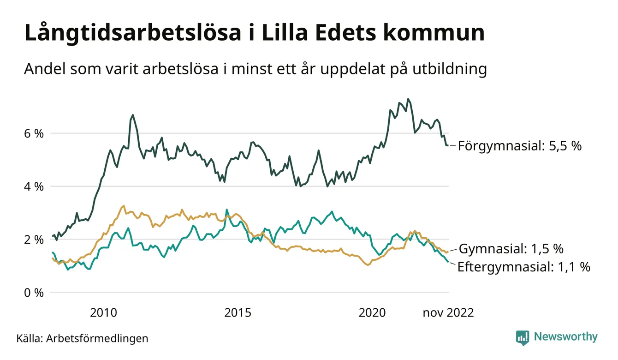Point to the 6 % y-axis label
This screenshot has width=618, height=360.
pos(34,134)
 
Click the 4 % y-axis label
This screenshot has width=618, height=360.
pos(34,187)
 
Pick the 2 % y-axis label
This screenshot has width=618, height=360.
pos(34,240)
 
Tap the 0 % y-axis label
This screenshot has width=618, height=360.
pos(34,293)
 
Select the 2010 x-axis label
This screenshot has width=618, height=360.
pos(103,313)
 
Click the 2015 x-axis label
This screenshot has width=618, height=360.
pos(238,313)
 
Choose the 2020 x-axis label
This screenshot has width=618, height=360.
pos(372,313)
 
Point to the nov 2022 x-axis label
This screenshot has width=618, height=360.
pos(448,313)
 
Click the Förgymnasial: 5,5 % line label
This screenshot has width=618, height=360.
pos(520,146)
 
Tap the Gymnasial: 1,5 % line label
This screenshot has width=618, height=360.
pos(511,249)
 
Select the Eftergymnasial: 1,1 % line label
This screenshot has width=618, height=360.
pos(524,267)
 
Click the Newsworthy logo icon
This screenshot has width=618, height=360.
pos(523,338)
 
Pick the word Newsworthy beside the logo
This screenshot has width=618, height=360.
pos(565,337)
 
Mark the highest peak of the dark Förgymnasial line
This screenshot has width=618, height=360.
pos(408,99)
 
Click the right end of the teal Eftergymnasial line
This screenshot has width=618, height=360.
pos(448,262)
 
